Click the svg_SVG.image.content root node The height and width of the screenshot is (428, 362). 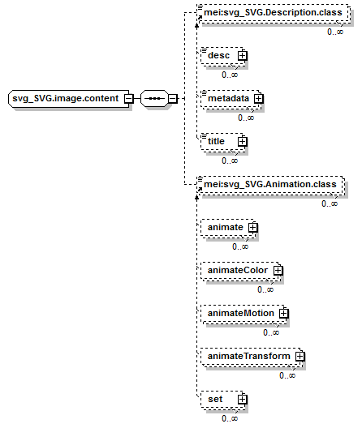(x=69, y=98)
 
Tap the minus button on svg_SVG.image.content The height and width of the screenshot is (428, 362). (x=128, y=99)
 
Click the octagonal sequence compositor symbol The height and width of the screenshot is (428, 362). (x=154, y=98)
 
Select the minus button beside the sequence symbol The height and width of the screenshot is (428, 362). (x=173, y=99)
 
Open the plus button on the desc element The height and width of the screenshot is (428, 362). (x=242, y=56)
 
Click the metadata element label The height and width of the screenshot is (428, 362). (x=229, y=98)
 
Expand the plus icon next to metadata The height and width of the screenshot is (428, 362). (x=258, y=99)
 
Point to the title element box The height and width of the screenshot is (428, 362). (x=223, y=141)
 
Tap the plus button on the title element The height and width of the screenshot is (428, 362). (x=242, y=142)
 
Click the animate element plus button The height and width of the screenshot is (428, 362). (x=253, y=228)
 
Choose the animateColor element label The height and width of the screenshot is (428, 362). (x=238, y=270)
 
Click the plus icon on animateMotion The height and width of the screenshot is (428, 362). (x=283, y=314)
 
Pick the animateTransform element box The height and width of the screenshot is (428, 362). (x=252, y=356)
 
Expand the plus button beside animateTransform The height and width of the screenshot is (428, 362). (x=300, y=357)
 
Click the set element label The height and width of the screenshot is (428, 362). (x=215, y=399)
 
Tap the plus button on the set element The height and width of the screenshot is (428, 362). (x=242, y=400)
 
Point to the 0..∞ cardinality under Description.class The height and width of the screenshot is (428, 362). (x=335, y=32)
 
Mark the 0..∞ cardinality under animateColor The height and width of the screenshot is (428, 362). (x=265, y=289)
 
